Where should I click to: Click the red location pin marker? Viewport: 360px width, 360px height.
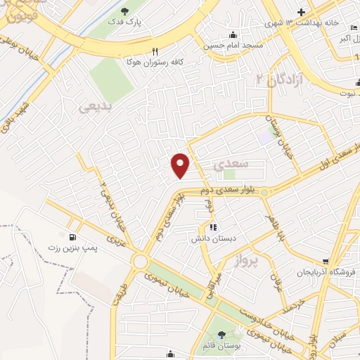point(181,165)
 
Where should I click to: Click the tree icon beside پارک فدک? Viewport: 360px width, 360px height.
point(124,11)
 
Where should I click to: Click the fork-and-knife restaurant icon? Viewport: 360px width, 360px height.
point(155,51)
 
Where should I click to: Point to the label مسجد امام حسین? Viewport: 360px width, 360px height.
point(233,46)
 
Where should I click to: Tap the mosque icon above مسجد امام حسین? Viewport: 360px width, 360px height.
point(233,35)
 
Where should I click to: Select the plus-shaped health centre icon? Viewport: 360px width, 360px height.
point(301,12)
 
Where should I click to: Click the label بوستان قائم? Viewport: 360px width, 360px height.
point(224,346)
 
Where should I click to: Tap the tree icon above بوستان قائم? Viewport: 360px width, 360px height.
point(223,335)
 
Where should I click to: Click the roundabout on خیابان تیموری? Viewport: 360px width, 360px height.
point(140,262)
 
